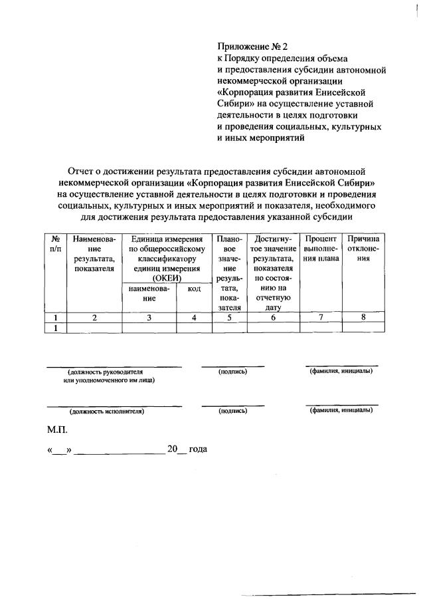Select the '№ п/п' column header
pos(56,243)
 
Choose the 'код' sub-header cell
pos(194,289)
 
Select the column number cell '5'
pos(229,318)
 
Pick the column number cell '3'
pos(149,318)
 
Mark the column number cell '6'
pos(273,318)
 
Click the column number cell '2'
pos(94,318)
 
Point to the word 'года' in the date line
pos(198,449)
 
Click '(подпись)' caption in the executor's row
pos(232,412)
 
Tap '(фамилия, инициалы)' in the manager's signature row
pos(341,371)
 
